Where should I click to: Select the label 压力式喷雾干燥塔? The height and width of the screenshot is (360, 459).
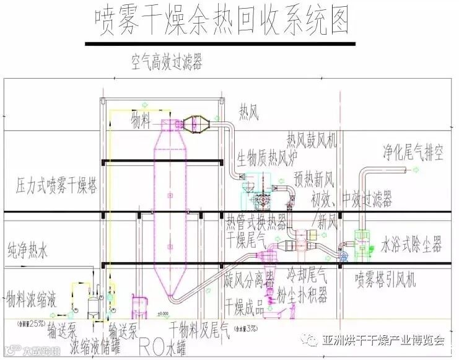[56, 186]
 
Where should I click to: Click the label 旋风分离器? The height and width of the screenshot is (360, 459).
[250, 276]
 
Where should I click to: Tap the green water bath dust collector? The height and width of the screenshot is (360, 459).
[362, 241]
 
